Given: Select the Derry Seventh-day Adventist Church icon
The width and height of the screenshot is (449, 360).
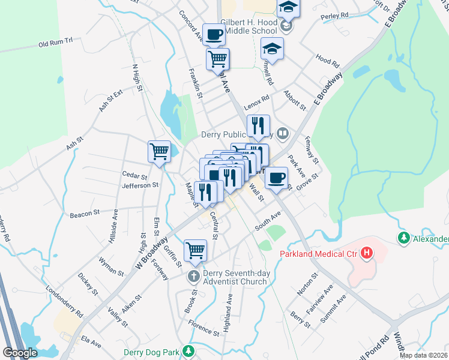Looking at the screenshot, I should (193, 277).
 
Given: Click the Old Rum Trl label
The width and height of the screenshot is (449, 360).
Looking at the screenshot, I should (55, 44).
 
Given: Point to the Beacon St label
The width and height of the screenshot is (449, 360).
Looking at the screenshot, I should (84, 214).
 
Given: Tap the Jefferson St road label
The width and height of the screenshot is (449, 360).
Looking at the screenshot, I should (139, 186).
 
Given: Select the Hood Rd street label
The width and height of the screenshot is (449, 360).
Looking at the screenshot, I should (328, 61).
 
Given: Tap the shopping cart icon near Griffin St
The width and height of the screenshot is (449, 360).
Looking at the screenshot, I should (196, 250).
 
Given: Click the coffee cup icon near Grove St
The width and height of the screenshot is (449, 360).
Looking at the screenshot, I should (276, 178).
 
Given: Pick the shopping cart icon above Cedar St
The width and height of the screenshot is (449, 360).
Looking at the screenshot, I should (159, 151).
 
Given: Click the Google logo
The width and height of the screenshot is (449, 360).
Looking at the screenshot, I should (20, 352).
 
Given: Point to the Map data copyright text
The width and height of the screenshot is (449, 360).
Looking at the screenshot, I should (423, 355).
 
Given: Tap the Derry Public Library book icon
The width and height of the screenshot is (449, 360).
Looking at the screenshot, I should (283, 133).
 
